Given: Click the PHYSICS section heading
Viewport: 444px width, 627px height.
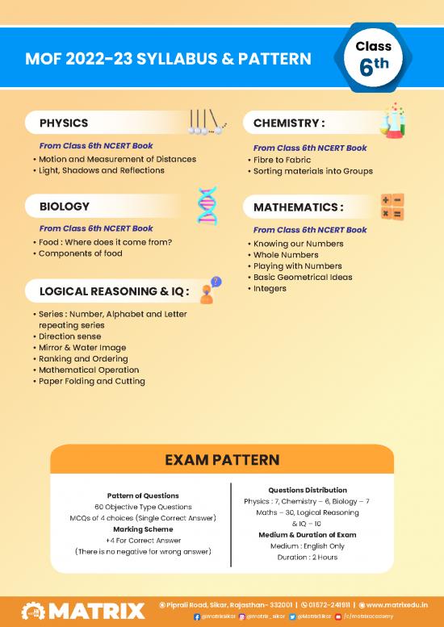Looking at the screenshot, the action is pyautogui.click(x=65, y=123).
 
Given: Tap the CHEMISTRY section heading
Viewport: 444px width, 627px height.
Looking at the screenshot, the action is pyautogui.click(x=289, y=123).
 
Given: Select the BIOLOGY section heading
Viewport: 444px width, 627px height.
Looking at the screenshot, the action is pyautogui.click(x=65, y=207).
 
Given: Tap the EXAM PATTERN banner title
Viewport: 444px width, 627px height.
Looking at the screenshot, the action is pyautogui.click(x=221, y=460).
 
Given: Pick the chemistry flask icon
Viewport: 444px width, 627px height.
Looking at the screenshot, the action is pyautogui.click(x=393, y=120).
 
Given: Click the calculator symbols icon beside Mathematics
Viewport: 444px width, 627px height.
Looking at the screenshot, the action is pyautogui.click(x=392, y=207).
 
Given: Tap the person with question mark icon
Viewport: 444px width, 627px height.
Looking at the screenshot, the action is pyautogui.click(x=210, y=291).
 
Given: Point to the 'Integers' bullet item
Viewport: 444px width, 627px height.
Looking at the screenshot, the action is pyautogui.click(x=274, y=288).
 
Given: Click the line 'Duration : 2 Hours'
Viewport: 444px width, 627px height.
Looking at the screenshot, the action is pyautogui.click(x=308, y=558).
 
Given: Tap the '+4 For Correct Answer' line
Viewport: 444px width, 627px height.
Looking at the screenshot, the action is pyautogui.click(x=142, y=540).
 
